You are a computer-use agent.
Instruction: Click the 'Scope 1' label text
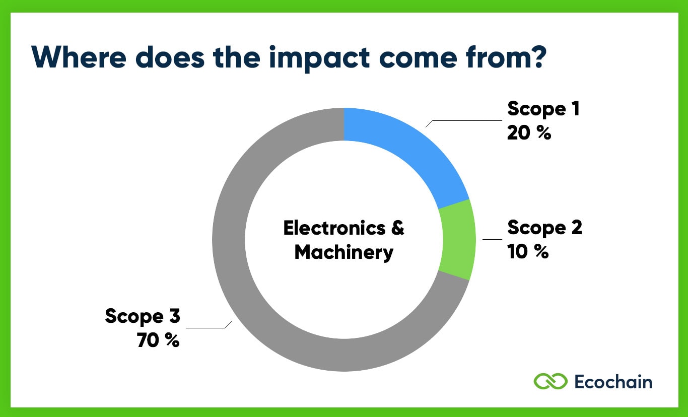pos(543,109)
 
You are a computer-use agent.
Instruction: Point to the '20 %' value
pos(529,133)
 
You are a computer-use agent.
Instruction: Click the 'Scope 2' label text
pos(544,228)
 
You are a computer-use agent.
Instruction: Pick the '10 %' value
pos(527,252)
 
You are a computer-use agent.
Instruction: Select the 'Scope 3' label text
pos(143,316)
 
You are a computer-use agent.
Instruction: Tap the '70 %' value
pos(158,340)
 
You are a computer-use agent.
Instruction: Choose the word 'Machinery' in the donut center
pos(344,252)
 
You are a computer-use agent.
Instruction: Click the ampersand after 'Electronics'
pos(397,228)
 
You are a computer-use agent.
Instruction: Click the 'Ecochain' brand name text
pos(613,381)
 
